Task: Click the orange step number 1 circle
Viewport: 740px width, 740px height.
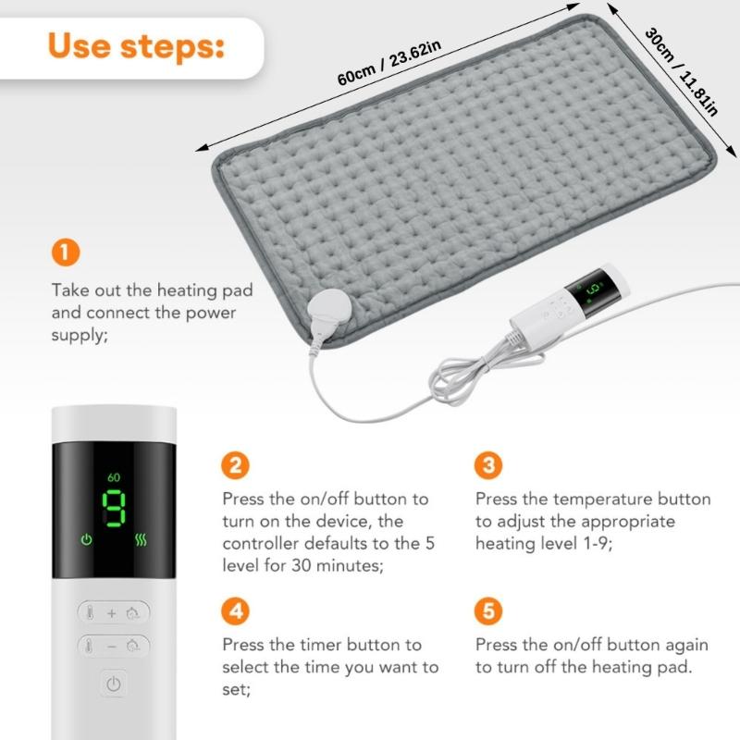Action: point(65,252)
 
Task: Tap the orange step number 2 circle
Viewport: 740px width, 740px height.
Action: point(236,464)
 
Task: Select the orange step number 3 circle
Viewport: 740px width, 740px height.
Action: point(488,464)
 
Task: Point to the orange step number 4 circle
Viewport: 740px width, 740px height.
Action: point(236,610)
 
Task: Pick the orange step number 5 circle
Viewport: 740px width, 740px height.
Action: point(488,610)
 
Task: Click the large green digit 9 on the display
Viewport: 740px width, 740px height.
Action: point(113,506)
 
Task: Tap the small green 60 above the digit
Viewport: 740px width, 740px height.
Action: point(114,477)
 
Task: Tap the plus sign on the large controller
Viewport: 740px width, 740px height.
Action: point(112,613)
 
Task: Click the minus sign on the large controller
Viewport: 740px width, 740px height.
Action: point(112,647)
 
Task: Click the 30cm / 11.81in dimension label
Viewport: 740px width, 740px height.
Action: point(681,74)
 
